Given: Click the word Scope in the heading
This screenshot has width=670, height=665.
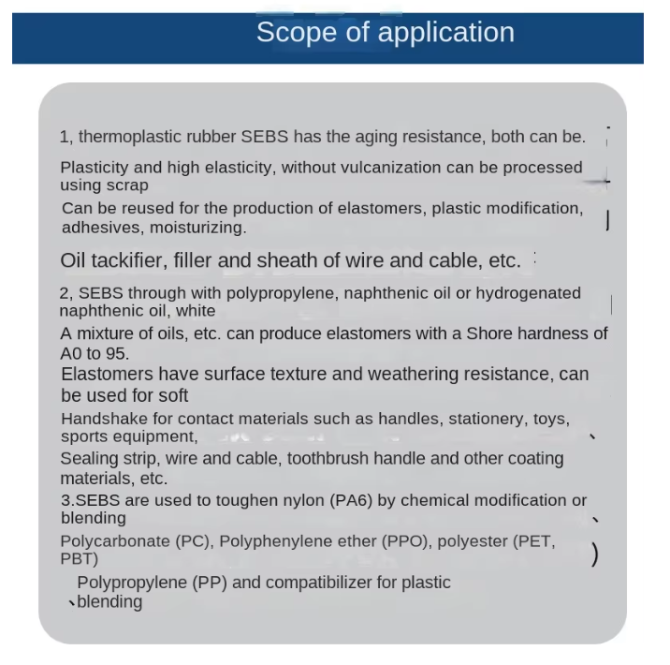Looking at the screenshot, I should tap(289, 32).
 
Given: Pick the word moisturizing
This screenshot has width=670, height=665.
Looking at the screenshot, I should tap(199, 228).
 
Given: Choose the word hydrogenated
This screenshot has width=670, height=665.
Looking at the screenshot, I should tap(528, 293).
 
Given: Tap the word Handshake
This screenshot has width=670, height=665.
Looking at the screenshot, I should tap(104, 419).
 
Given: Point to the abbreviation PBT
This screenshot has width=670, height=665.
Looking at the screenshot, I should tap(76, 559).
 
